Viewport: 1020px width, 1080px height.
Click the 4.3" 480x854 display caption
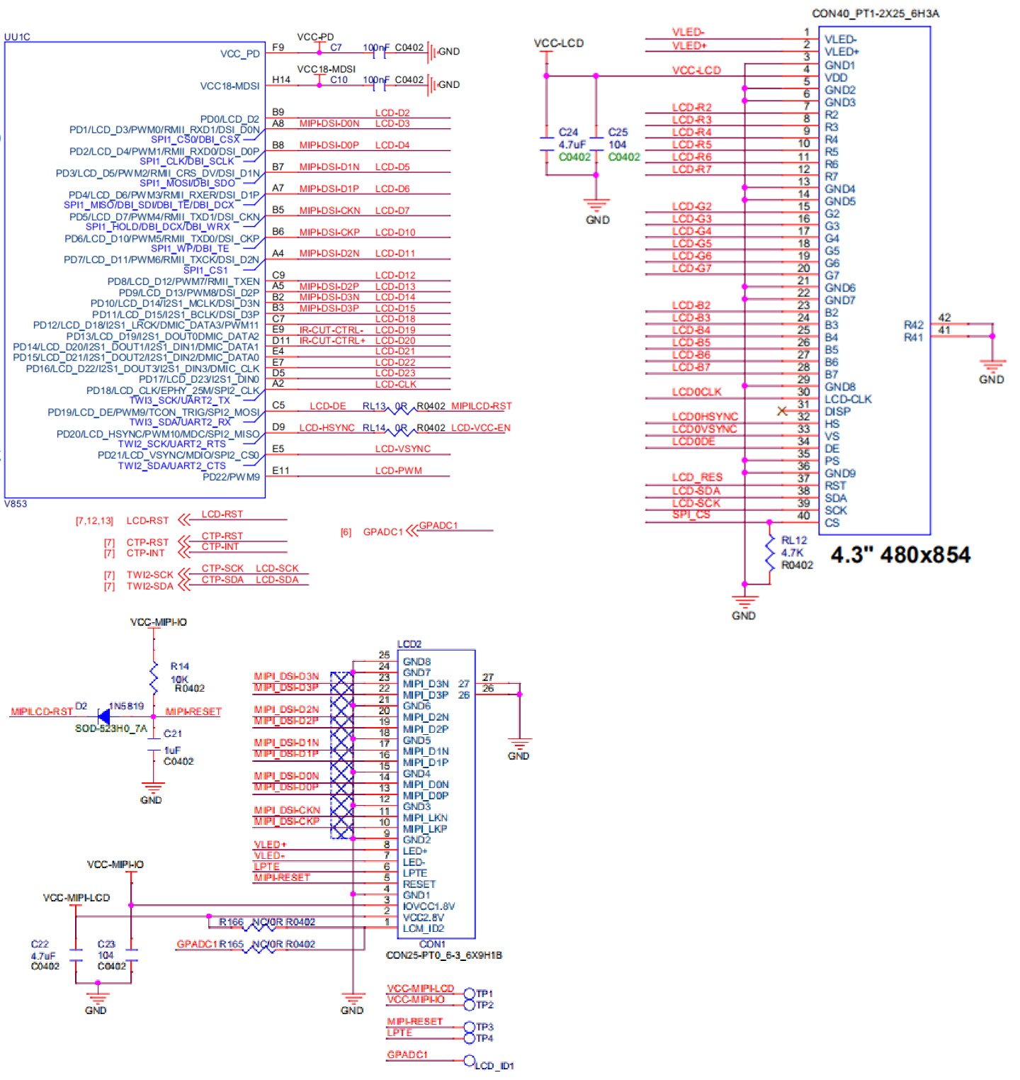[x=900, y=554]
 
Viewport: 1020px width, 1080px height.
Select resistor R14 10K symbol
[x=154, y=677]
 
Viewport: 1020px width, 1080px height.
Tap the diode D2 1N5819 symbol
[x=103, y=716]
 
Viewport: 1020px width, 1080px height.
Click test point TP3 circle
[x=469, y=1027]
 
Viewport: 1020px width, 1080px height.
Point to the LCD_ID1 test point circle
[x=469, y=1061]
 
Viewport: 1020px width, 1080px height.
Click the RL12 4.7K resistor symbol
[x=769, y=553]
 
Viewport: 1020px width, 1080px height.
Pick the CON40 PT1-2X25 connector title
[x=875, y=13]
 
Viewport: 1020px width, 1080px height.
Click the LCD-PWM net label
[x=399, y=471]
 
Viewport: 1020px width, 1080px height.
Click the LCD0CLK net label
[x=697, y=391]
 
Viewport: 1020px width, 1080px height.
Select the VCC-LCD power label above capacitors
[x=559, y=43]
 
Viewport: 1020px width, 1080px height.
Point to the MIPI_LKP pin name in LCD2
[x=425, y=828]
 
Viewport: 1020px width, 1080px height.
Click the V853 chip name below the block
[x=16, y=504]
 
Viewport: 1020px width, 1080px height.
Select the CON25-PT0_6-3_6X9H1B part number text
[x=443, y=955]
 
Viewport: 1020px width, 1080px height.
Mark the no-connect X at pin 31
[x=781, y=410]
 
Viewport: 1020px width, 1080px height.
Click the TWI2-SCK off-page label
[x=149, y=575]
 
